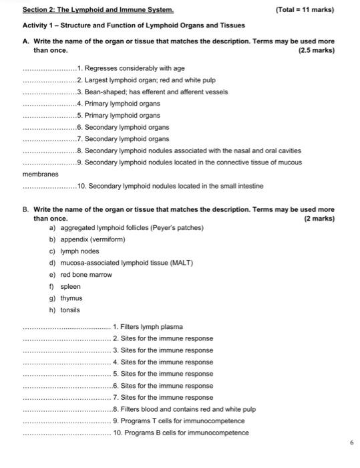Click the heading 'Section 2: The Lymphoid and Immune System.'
click(98, 10)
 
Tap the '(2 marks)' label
click(319, 219)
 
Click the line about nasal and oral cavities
click(192, 150)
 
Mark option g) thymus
click(67, 298)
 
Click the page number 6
click(351, 443)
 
